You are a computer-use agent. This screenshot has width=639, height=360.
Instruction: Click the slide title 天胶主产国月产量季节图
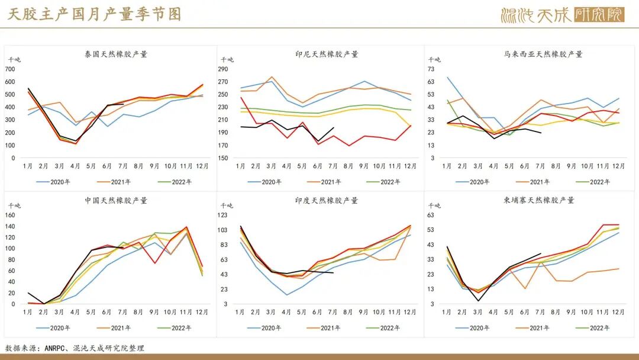tap(95, 14)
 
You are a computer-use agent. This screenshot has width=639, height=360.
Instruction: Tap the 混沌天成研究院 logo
tap(562, 14)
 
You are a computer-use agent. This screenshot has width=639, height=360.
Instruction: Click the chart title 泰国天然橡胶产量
tap(116, 54)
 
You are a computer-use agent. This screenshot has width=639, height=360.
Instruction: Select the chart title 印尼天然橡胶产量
tap(327, 54)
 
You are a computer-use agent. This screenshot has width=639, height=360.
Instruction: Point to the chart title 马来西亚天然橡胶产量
tap(543, 54)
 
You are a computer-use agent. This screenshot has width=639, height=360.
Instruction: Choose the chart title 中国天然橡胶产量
tap(116, 200)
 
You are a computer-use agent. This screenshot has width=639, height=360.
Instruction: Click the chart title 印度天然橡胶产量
tap(327, 200)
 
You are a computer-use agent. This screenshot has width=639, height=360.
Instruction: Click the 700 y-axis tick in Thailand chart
tap(10, 69)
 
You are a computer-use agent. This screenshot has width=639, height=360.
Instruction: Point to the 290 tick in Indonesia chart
tap(223, 69)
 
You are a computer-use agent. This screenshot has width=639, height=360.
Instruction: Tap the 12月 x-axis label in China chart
tap(202, 313)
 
